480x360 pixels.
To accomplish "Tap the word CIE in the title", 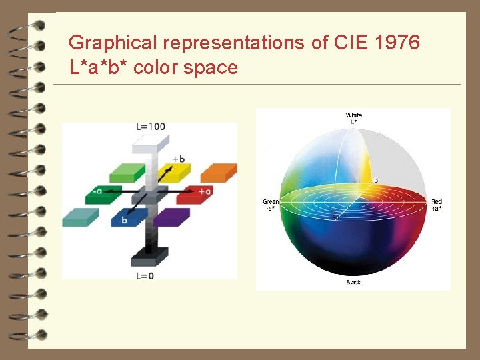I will pos(347,43).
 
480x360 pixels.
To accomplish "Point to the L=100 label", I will pos(151,127).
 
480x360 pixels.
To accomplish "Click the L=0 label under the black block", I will pos(145,275).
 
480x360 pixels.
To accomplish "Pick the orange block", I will pos(218,171).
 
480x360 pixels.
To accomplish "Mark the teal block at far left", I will pos(80,217).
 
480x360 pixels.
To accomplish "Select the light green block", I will pos(127,172).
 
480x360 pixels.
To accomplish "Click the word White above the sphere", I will pos(354,115).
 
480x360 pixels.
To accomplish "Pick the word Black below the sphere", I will pos(353,283).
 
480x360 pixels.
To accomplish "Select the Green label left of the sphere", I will pos(271,201).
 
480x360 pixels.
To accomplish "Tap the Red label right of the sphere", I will pos(437,201).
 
